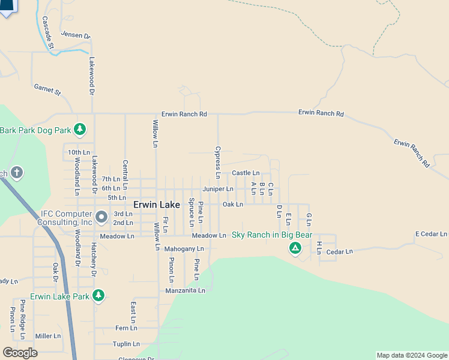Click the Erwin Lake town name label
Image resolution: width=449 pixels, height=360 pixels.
pos(156,205)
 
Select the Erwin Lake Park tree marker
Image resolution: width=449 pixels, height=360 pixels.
pos(98,296)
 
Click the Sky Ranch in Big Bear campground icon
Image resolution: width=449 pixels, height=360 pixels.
pos(295,248)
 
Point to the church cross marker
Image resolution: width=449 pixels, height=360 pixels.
pos(16,173)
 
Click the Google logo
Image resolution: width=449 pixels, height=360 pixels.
pos(20,352)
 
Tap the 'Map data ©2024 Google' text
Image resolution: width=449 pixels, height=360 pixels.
pos(412,355)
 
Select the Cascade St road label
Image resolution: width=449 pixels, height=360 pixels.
pos(48,33)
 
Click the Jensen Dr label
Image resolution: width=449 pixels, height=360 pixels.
pos(75,36)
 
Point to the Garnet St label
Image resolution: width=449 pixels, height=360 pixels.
pos(48,90)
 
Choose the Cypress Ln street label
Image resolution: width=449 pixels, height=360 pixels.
pos(218,161)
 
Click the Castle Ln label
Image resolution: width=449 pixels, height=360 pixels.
pos(246,173)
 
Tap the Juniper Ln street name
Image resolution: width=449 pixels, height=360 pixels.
pos(217,189)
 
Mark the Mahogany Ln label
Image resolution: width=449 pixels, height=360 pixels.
pos(184,248)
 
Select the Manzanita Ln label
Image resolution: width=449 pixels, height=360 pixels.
pos(185,290)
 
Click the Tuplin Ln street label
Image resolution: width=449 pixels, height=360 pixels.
pos(126,344)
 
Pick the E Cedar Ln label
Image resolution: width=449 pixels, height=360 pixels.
pos(431,234)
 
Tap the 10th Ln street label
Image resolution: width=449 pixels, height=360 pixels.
pos(79,152)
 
